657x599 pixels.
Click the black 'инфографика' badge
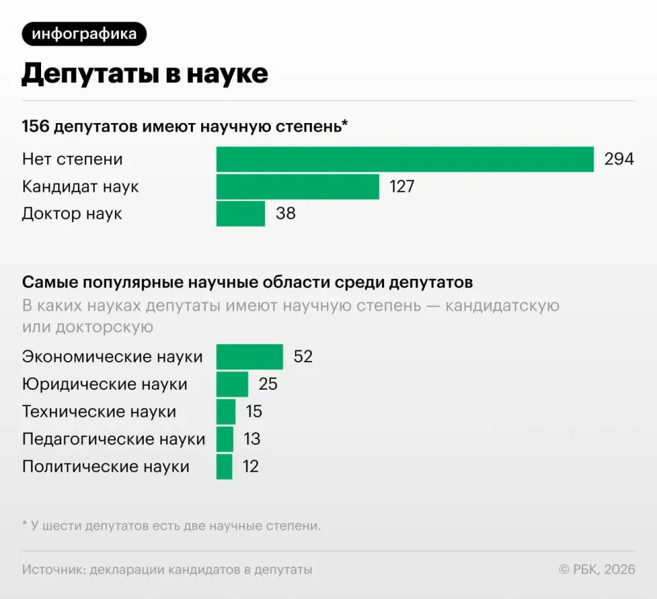tap(84, 34)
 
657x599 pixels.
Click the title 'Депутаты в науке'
tap(145, 74)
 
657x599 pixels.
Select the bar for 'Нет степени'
tap(404, 159)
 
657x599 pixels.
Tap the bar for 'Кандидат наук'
tap(298, 187)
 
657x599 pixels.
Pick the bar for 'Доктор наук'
tap(240, 214)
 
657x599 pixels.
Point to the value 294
tap(619, 159)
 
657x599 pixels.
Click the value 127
tap(402, 187)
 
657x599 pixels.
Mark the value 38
tap(286, 214)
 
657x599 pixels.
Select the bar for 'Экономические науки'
tap(250, 357)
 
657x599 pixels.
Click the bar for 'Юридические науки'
tap(232, 384)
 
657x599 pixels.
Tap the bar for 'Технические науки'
tap(226, 412)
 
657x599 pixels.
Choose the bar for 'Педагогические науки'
tap(224, 439)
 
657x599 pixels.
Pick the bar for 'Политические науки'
tap(224, 467)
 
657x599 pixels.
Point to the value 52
tap(303, 357)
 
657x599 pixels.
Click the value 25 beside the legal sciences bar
tap(268, 384)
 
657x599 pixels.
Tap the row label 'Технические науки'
tap(99, 412)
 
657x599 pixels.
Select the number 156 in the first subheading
tap(36, 127)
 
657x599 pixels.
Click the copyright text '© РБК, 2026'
tap(597, 570)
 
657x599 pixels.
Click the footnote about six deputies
tap(172, 526)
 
